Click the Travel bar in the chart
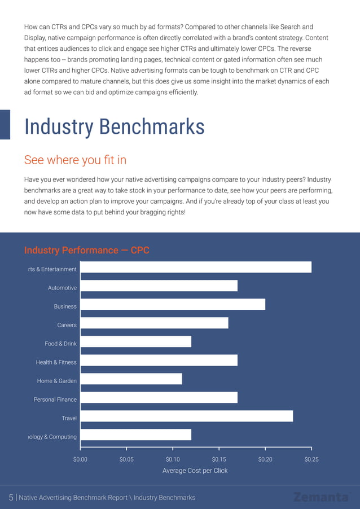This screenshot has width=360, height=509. (186, 416)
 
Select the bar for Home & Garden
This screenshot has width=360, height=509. (131, 379)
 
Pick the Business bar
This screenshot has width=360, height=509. (173, 305)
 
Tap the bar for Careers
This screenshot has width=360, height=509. (154, 323)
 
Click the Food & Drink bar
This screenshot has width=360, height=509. (135, 341)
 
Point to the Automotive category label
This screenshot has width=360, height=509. (62, 288)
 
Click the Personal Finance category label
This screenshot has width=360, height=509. (55, 400)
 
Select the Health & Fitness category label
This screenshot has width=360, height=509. (56, 362)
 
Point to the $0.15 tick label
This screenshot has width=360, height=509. (219, 459)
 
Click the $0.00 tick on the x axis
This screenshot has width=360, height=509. (80, 459)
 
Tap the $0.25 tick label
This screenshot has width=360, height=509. (311, 459)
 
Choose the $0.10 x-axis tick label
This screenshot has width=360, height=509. (173, 459)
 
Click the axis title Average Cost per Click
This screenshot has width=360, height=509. (195, 471)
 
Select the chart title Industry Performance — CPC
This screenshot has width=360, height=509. (86, 250)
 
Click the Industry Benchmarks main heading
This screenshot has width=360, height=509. (114, 126)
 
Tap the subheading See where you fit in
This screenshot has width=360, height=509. (75, 160)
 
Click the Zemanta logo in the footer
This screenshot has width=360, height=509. (321, 497)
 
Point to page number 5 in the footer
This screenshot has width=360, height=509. (11, 497)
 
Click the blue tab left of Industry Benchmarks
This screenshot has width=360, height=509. (5, 124)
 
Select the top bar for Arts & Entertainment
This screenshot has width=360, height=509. (196, 267)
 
